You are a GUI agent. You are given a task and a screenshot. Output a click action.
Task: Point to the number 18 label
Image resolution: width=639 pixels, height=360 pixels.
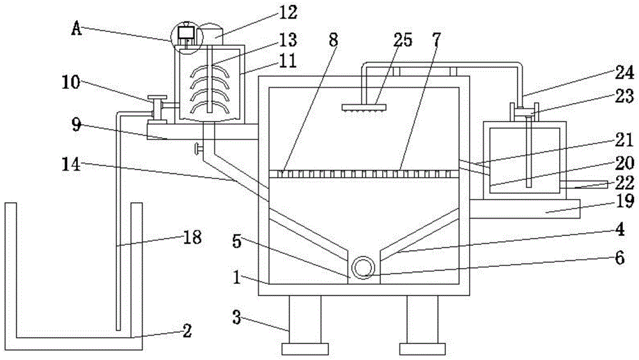(192, 238)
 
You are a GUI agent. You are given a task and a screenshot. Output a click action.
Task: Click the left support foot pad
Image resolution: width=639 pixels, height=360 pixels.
(305, 349)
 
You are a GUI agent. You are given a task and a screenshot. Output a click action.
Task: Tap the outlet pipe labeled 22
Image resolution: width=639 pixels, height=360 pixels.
(585, 185)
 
